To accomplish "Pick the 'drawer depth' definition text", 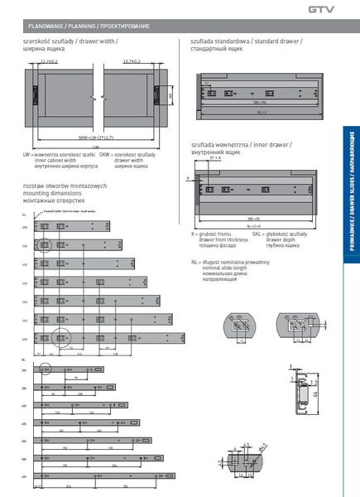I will [x=286, y=239].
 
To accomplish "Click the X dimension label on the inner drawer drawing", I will [x=189, y=177].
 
